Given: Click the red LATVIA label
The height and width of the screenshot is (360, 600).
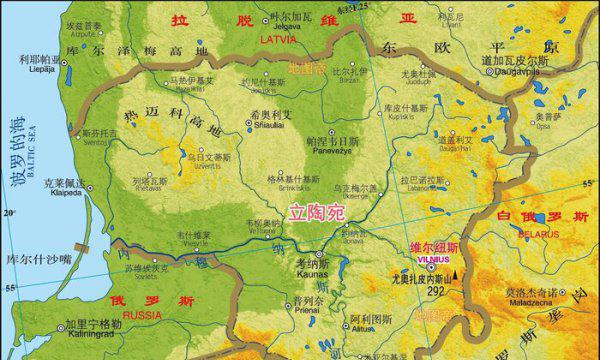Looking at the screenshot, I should click(278, 40).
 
